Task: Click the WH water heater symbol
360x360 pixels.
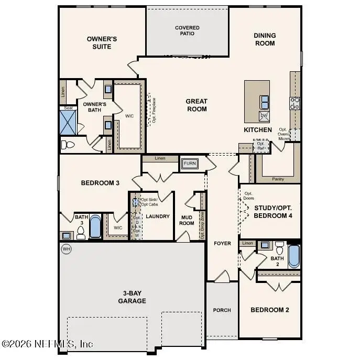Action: (x=67, y=249)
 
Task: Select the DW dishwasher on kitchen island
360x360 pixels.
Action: (x=265, y=116)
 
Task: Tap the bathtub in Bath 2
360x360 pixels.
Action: (x=293, y=256)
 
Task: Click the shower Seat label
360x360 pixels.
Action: (x=68, y=108)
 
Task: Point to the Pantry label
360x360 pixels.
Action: (x=278, y=179)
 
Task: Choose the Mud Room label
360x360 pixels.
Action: (x=188, y=220)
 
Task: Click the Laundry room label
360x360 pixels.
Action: (x=157, y=216)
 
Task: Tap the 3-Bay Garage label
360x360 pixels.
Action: (x=131, y=297)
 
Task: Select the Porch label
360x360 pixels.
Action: (x=222, y=310)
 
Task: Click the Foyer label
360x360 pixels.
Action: (x=222, y=244)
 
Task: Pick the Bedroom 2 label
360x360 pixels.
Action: (x=269, y=310)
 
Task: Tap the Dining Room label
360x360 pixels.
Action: (x=265, y=39)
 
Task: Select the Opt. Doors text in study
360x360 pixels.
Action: (x=248, y=196)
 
